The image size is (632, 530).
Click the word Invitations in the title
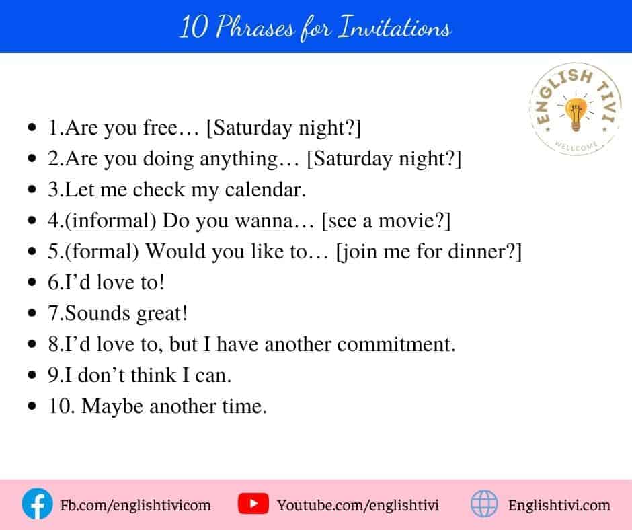pyautogui.click(x=398, y=28)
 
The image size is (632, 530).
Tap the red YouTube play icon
pyautogui.click(x=253, y=504)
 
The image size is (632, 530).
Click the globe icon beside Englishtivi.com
pyautogui.click(x=484, y=504)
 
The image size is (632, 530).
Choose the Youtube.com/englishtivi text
pyautogui.click(x=358, y=504)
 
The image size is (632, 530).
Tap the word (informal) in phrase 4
pyautogui.click(x=110, y=221)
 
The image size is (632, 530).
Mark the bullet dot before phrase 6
pyautogui.click(x=32, y=284)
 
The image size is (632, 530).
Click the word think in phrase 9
pyautogui.click(x=152, y=376)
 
